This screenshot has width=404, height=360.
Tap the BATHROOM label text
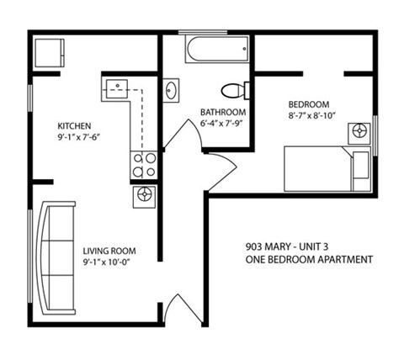tap(222, 113)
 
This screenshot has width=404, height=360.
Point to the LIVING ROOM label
tap(109, 251)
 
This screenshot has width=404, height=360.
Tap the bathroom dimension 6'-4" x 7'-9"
tap(223, 124)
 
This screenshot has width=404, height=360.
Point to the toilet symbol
tap(233, 90)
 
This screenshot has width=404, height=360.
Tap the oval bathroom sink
tap(172, 90)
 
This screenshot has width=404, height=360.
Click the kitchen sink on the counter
tap(116, 87)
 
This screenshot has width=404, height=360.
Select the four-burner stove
tap(144, 165)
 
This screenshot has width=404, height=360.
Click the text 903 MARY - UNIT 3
tap(290, 247)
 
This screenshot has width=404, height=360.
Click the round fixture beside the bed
tap(363, 132)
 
